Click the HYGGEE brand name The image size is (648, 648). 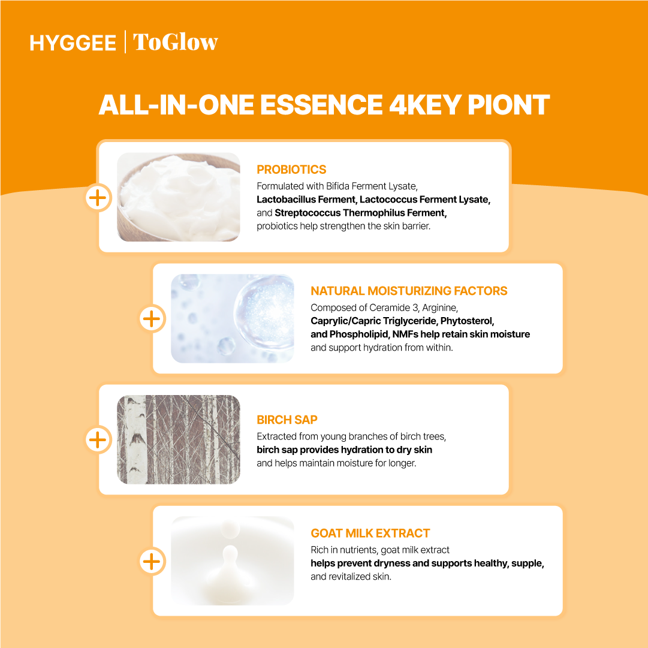[73, 43]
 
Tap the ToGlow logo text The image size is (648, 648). [175, 42]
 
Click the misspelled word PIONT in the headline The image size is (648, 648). [508, 104]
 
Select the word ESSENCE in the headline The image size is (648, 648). [321, 104]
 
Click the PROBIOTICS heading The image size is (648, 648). [291, 170]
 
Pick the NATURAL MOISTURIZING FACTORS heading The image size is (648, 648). [409, 291]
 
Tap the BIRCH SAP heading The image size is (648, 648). [287, 420]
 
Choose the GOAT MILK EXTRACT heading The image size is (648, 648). [370, 533]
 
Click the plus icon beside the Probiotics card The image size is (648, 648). [98, 198]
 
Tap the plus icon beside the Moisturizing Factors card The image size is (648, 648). [152, 319]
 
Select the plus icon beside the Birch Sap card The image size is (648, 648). [98, 439]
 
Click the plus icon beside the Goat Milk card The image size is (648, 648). [152, 561]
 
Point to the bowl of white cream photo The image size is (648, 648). [179, 197]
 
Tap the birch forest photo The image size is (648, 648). [179, 439]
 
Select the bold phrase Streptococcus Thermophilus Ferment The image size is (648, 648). [361, 213]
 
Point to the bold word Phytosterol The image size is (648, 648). [468, 321]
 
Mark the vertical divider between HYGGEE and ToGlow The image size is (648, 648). [125, 42]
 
